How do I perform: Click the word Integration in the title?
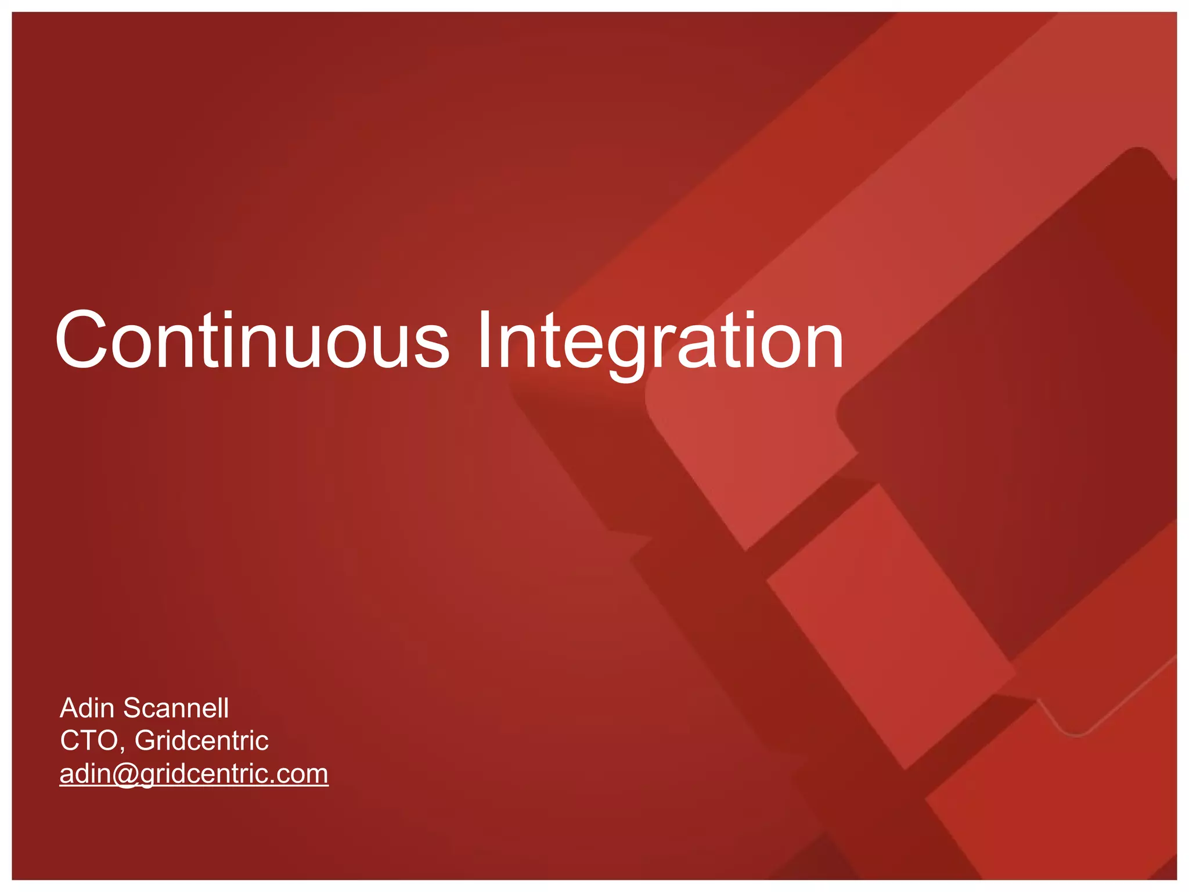point(660,343)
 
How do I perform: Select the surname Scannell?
point(176,708)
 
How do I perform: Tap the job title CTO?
point(88,740)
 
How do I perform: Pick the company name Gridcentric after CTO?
point(201,740)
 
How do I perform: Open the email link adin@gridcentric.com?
point(194,774)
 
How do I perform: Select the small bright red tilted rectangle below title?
point(888,627)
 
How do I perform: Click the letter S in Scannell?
point(132,708)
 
